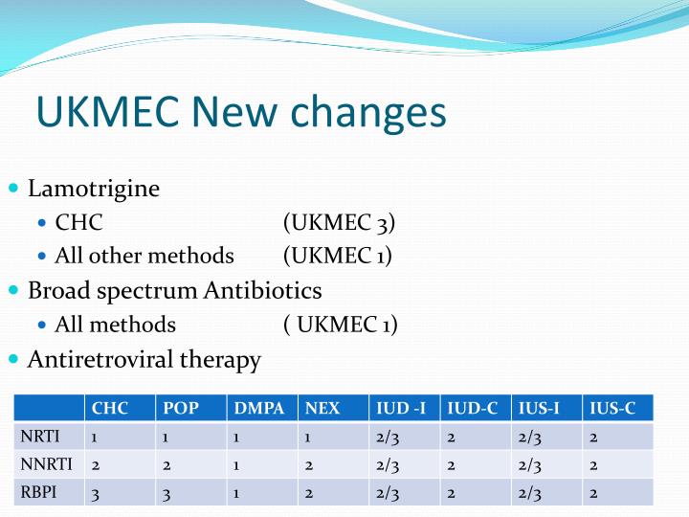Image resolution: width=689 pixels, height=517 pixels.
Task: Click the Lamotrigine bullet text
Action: coord(94,189)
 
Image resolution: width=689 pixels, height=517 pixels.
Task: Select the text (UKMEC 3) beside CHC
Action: coord(339,223)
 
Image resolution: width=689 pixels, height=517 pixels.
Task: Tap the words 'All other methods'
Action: coord(144,256)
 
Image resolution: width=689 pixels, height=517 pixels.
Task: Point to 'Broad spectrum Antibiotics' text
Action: coord(175,290)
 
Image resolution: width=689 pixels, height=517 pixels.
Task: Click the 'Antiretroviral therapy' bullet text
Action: coord(144,360)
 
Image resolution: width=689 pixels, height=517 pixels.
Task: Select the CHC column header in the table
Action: coord(110,408)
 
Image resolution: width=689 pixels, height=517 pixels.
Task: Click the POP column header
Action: coord(181,408)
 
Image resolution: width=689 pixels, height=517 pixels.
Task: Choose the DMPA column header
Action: coord(258,408)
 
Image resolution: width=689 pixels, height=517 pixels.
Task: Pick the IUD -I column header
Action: coord(401,408)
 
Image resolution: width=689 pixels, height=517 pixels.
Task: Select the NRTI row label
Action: coord(40,437)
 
